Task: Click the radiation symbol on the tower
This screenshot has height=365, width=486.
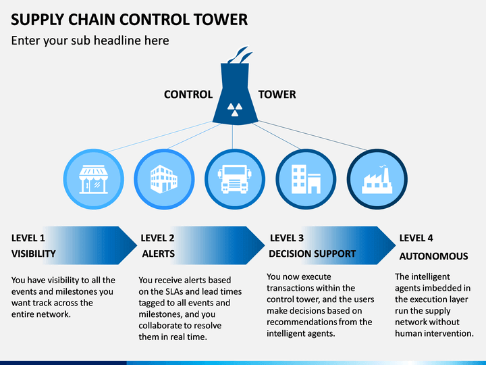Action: click(235, 109)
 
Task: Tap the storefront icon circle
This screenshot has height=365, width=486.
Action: click(94, 179)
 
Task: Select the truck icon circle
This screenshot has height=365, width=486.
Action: click(235, 179)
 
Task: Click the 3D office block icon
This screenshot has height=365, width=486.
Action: click(164, 179)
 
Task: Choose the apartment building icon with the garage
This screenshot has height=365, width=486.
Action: click(306, 179)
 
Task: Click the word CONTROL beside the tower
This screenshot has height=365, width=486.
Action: click(188, 95)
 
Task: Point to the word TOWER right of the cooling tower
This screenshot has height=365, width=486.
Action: click(277, 95)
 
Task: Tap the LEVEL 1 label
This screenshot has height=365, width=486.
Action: click(28, 238)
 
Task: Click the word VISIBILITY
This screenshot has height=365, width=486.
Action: click(34, 253)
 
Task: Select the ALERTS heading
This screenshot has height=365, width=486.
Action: click(159, 253)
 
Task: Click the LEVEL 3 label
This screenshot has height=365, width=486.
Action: click(287, 238)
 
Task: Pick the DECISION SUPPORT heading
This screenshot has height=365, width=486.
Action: click(312, 253)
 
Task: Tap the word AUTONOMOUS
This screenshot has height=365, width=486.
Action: click(433, 256)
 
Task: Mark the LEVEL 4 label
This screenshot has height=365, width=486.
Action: click(416, 238)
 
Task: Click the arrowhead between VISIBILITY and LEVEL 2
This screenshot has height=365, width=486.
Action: click(128, 245)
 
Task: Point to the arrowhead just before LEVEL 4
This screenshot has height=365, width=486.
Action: click(386, 245)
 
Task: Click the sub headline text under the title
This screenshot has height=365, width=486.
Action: click(90, 41)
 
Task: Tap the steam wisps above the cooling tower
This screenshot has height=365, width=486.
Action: click(240, 55)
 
